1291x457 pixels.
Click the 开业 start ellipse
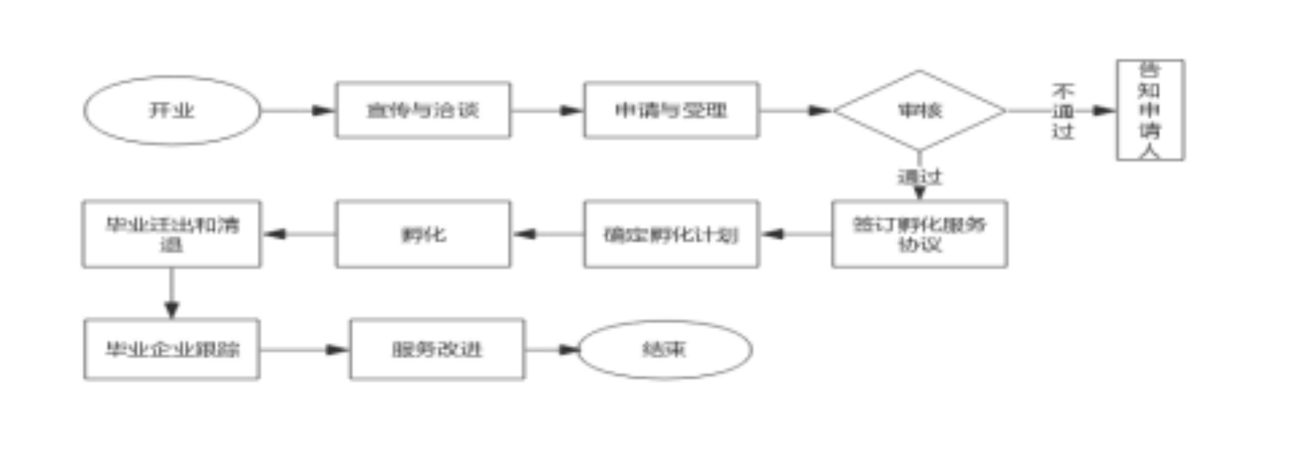coord(172,110)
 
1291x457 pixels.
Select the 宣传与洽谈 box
coord(423,110)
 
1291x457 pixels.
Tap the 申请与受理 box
coord(671,110)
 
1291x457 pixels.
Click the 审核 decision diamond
coord(919,110)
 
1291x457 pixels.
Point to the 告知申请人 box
coord(1150,110)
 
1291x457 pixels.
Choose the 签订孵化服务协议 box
coord(919,234)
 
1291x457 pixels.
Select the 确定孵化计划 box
coord(671,234)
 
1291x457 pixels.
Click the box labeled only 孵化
coord(423,234)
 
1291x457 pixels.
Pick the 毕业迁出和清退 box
coord(172,234)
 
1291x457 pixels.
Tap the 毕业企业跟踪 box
coord(172,349)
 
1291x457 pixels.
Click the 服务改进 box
coord(437,349)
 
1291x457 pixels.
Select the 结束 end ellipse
coord(665,349)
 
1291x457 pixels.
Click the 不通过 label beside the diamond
coord(1063,111)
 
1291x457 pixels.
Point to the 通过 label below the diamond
coord(919,177)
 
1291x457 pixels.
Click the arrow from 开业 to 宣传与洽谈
coord(298,110)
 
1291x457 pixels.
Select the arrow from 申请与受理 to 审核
coord(796,110)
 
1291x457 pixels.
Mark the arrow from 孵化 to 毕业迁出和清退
coord(299,234)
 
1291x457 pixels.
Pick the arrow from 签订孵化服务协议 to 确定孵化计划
coord(796,234)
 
